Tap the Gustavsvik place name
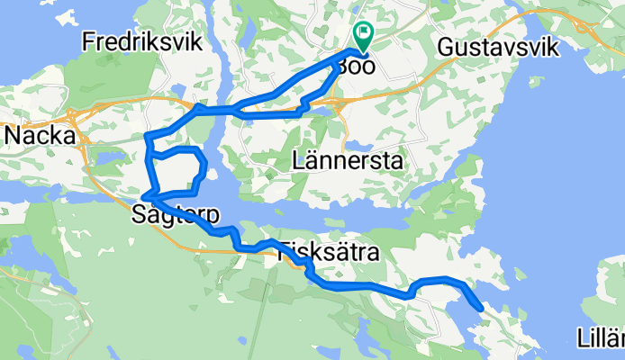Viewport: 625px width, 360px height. pos(497,46)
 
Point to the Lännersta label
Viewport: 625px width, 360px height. pos(348,161)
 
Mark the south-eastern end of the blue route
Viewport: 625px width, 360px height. pos(483,309)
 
